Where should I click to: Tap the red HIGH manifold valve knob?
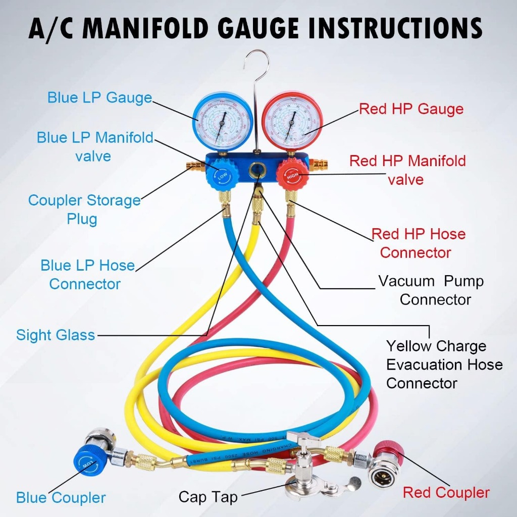(x=292, y=176)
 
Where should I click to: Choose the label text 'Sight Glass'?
(x=56, y=335)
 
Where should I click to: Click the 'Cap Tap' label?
(x=208, y=497)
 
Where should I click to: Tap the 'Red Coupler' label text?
(x=446, y=493)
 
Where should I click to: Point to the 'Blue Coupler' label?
(x=61, y=498)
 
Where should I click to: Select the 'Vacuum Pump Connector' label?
(x=431, y=290)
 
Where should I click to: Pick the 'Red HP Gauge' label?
(x=411, y=109)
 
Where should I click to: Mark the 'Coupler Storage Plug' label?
(x=84, y=210)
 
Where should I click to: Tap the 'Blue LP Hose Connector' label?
(x=87, y=275)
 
